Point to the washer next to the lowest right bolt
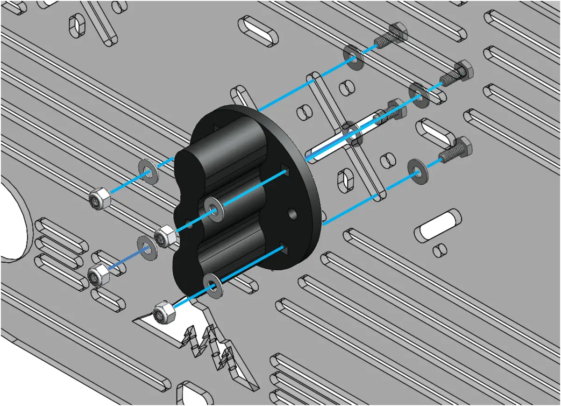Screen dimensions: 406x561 [x=417, y=169]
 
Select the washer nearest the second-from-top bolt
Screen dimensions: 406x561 [x=419, y=94]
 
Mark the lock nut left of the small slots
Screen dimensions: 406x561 [x=98, y=275]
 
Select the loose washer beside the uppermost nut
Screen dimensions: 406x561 [x=148, y=172]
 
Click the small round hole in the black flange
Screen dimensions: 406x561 [x=292, y=214]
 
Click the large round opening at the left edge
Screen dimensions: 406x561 [x=12, y=219]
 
